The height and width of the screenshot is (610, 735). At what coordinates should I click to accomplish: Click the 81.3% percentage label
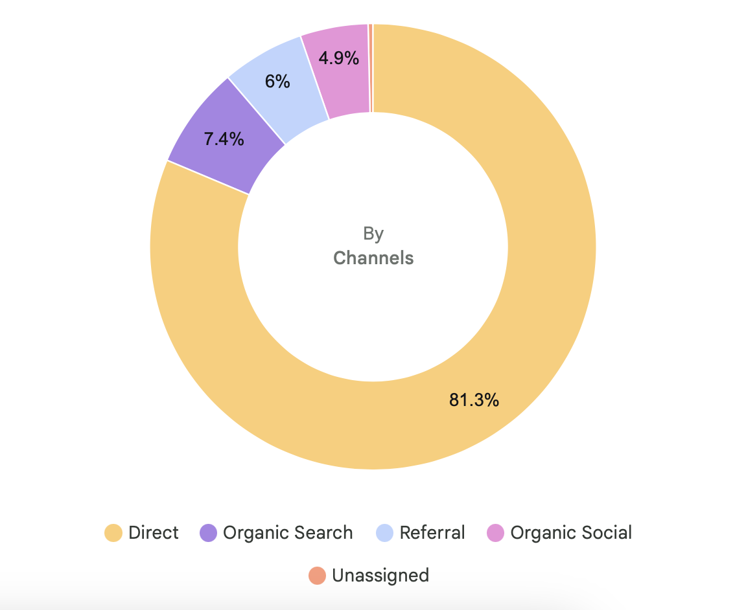pos(474,400)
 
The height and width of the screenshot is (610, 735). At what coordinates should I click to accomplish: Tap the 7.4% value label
pos(224,139)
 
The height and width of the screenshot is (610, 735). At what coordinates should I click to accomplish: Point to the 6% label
pos(277,82)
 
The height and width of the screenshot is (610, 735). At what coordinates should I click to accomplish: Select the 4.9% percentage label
pos(338,58)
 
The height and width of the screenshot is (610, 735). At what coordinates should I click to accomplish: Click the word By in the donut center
pos(373,233)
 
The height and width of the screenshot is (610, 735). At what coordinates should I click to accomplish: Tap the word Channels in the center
pos(373,258)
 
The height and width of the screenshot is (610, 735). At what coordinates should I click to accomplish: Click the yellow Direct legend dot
pos(113,534)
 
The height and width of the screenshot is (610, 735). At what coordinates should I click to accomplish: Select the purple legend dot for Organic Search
pos(208,534)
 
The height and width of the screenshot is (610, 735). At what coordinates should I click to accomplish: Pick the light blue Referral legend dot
pos(385,534)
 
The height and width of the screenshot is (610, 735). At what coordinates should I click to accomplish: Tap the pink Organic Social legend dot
pos(495,534)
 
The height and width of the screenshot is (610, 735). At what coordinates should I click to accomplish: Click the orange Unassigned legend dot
pos(317,575)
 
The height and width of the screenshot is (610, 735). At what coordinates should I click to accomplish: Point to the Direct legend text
pos(153,533)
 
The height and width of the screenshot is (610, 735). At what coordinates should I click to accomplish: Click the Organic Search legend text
pos(288,533)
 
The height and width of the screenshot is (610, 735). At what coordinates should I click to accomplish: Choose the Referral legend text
pos(432,533)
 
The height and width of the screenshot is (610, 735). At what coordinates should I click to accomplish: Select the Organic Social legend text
pos(571,533)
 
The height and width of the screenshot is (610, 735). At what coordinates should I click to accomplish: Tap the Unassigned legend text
pos(380,575)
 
